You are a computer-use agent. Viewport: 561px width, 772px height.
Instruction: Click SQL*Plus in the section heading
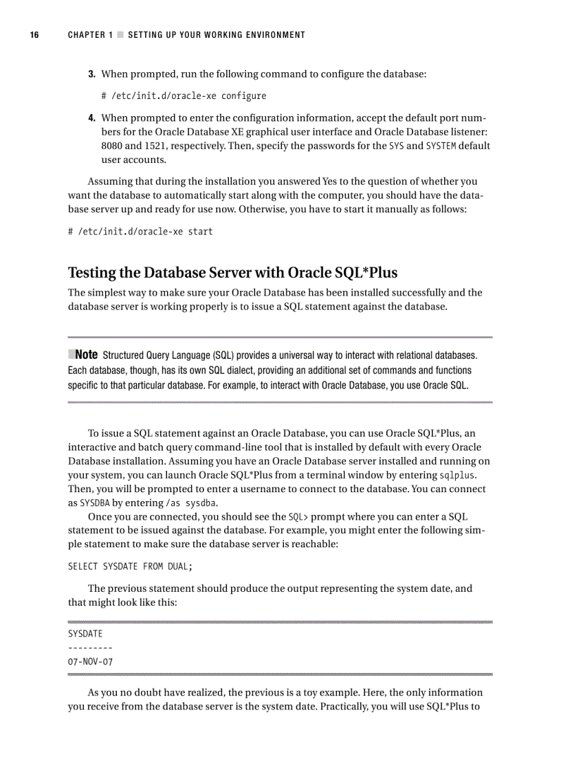tap(361, 272)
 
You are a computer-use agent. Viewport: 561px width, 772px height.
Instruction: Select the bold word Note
tap(85, 355)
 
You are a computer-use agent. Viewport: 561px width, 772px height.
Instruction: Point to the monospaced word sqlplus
tap(458, 475)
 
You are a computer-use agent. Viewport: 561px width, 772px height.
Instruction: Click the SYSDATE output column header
tap(85, 633)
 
